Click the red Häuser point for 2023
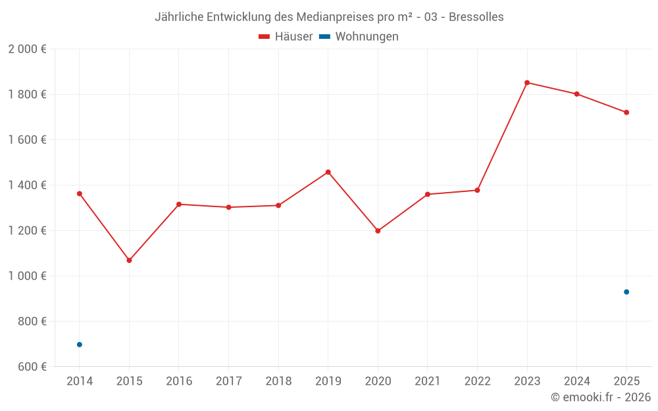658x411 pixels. point(527,83)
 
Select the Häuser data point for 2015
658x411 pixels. point(129,260)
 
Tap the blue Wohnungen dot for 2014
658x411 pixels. point(80,345)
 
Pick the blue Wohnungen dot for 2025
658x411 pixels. point(626,292)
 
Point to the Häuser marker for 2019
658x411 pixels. point(328,172)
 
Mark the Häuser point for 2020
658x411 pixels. point(378,231)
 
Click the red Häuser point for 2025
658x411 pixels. point(626,112)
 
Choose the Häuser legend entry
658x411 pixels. point(286,37)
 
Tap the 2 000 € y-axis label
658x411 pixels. point(27,49)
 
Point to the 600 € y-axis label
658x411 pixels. point(32,367)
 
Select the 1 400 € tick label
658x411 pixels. point(27,185)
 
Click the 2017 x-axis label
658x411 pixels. point(228,381)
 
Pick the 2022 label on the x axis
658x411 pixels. point(477,381)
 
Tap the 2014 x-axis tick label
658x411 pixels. point(80,381)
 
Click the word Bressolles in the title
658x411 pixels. point(477,17)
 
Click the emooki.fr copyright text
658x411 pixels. point(601,397)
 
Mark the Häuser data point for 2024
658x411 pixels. point(577,94)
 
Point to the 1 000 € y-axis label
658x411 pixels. point(27,276)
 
